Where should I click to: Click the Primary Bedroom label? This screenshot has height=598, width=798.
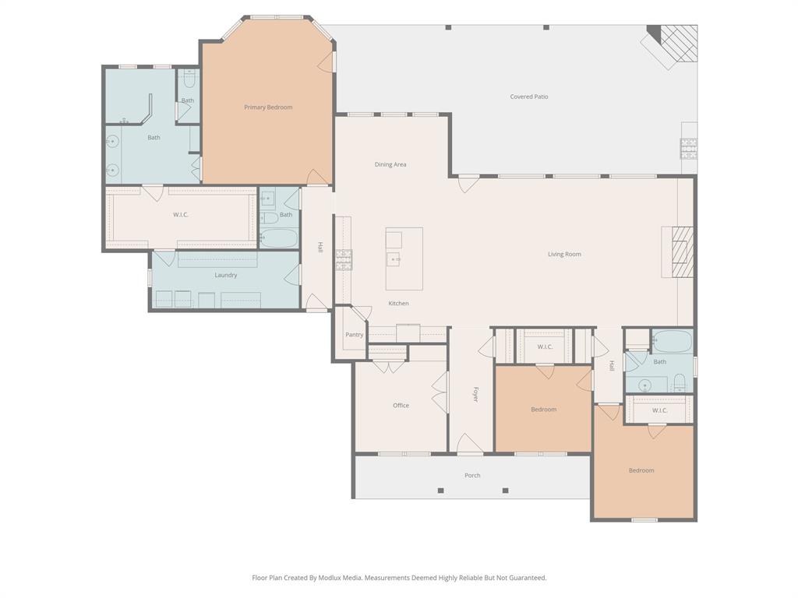click(268, 107)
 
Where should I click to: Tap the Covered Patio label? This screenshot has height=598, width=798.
click(529, 97)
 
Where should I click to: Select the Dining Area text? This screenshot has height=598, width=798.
click(390, 165)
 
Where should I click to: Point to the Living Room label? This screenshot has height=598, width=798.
click(564, 255)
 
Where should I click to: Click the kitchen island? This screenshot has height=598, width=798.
click(404, 259)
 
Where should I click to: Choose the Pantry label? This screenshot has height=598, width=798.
click(355, 335)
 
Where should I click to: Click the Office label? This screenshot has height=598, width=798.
click(401, 406)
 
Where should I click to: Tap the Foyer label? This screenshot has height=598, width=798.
click(475, 394)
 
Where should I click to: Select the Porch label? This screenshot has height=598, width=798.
click(472, 476)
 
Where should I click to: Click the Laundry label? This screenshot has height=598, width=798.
click(226, 276)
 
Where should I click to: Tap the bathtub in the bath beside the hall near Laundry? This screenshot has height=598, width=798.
click(278, 237)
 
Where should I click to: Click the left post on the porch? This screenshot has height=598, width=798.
click(440, 491)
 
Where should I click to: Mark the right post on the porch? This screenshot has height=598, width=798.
click(505, 491)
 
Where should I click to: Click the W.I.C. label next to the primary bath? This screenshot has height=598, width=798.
click(181, 215)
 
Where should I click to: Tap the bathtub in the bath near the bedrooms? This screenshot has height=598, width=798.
click(671, 341)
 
